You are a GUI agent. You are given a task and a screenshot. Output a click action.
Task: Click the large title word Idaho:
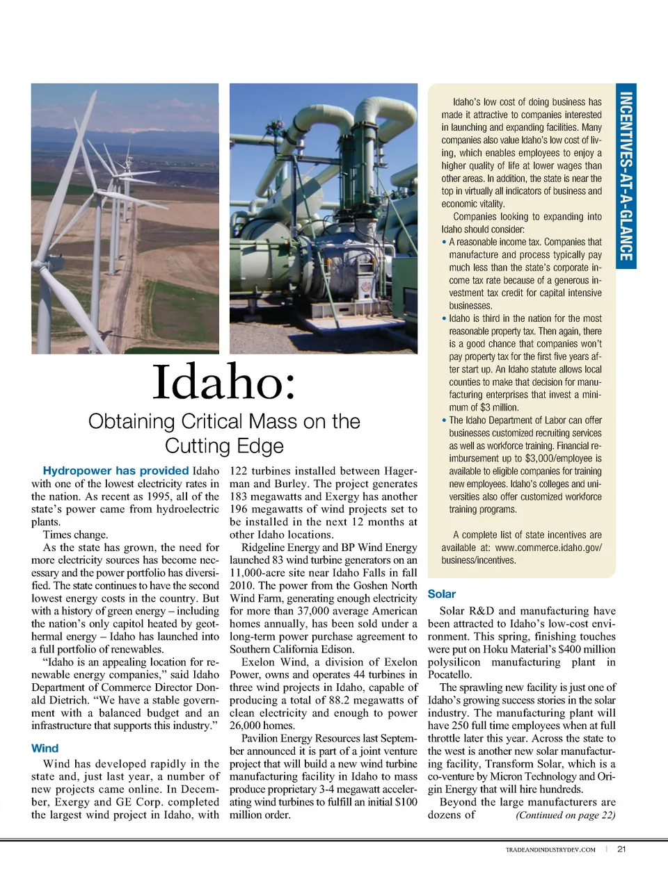[x=224, y=382]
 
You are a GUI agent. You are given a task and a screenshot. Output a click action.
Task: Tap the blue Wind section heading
[x=45, y=749]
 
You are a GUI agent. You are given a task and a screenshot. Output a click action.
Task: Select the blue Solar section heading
[x=442, y=594]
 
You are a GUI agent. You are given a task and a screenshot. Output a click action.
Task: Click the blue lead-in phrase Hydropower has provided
[x=116, y=471]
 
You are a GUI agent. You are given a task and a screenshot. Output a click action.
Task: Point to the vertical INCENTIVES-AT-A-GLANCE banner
[x=626, y=176]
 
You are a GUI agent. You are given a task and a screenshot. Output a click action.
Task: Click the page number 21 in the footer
[x=621, y=849]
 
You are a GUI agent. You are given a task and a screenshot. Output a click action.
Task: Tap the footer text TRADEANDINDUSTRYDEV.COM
[x=550, y=849]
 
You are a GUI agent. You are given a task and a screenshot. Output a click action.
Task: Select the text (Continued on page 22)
[x=565, y=815]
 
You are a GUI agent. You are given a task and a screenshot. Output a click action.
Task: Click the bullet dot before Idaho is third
[x=444, y=318]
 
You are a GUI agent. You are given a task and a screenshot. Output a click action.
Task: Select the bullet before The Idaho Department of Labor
[x=444, y=420]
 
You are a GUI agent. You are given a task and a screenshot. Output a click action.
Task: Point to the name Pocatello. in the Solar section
[x=450, y=675]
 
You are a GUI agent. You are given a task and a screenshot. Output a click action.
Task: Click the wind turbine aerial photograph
[x=125, y=218]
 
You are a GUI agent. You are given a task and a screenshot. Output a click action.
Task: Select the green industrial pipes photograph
[x=324, y=218]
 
